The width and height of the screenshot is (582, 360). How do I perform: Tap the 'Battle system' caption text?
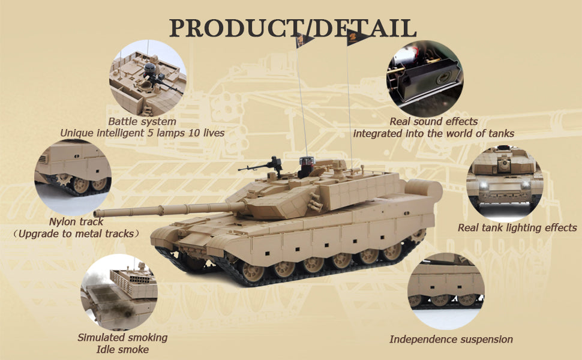(x=142, y=121)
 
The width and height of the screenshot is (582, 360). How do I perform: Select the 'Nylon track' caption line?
(x=76, y=221)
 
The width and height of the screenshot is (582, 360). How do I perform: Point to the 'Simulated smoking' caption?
(x=122, y=337)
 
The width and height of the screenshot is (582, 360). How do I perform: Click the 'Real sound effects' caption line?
(x=434, y=121)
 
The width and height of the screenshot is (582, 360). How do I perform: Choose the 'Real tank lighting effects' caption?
(x=517, y=227)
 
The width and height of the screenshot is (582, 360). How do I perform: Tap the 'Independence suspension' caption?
(x=451, y=339)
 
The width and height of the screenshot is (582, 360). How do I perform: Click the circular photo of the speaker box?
(x=425, y=79)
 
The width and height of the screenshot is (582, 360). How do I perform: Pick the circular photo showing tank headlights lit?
(x=505, y=184)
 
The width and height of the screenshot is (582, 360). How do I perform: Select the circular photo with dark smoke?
(x=119, y=292)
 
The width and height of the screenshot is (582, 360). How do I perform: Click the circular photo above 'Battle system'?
(x=148, y=78)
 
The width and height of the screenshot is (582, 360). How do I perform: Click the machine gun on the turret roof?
(x=262, y=166)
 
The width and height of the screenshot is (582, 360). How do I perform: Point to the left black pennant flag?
(x=304, y=40)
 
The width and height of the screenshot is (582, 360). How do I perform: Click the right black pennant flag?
(x=357, y=38)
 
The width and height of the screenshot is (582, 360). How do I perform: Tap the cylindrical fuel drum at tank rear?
(x=424, y=190)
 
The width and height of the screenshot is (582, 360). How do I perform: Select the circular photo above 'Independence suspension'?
(x=446, y=291)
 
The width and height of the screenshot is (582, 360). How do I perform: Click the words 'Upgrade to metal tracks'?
(x=76, y=233)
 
